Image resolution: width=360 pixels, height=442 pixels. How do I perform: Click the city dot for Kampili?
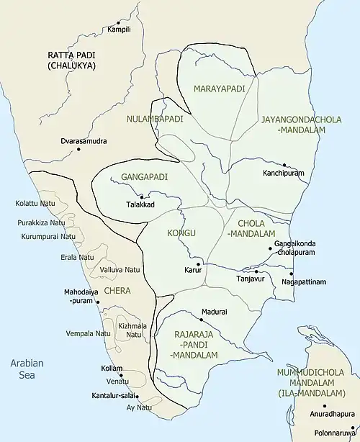(120, 24)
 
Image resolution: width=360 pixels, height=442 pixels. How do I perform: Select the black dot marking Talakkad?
(141, 197)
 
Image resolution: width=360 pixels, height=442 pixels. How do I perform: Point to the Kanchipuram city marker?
(285, 165)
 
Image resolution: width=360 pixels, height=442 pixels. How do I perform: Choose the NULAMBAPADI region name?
(154, 118)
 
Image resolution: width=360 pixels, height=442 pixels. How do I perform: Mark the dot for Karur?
(197, 263)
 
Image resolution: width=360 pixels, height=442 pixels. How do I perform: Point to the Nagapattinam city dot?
(290, 273)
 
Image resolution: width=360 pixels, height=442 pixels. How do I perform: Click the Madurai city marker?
(201, 319)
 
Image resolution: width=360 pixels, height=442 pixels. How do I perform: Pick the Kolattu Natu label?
(35, 204)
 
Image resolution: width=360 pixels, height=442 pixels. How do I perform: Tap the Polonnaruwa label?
(336, 433)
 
